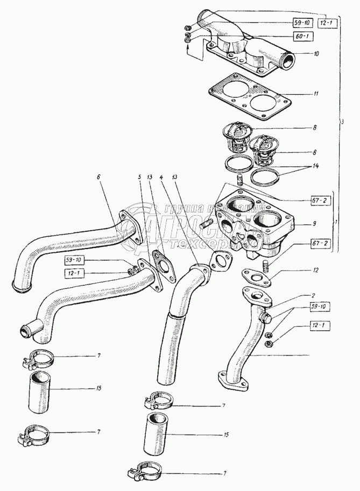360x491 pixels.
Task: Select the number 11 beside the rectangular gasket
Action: pyautogui.click(x=316, y=94)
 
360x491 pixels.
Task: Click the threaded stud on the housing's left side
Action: pyautogui.click(x=209, y=221)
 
